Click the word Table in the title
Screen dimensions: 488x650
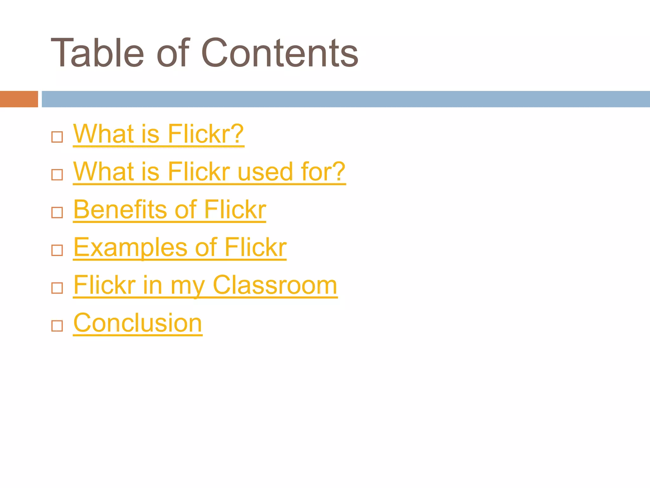click(x=97, y=53)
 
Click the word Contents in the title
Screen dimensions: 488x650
click(x=280, y=53)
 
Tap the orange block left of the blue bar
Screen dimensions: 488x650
click(x=19, y=99)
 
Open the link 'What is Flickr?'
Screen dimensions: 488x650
click(x=158, y=134)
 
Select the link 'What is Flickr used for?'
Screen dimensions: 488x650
click(x=209, y=172)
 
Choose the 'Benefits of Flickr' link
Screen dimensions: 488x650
click(x=169, y=210)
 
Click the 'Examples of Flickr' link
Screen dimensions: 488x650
click(x=180, y=247)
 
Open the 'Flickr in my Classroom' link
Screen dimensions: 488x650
click(x=205, y=285)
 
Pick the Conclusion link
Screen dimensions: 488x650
click(x=137, y=323)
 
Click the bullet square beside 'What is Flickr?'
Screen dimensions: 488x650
click(x=57, y=137)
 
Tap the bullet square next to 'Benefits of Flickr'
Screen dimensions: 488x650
click(x=57, y=213)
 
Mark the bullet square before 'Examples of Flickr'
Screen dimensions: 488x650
click(x=57, y=250)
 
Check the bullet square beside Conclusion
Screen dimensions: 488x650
click(x=57, y=326)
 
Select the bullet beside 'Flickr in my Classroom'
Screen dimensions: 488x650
click(x=57, y=288)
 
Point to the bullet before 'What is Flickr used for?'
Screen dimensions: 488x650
click(x=57, y=175)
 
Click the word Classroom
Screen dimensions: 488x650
click(x=275, y=285)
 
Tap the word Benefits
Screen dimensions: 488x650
click(x=120, y=210)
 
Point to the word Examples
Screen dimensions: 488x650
click(x=130, y=247)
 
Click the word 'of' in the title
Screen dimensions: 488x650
click(x=173, y=53)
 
